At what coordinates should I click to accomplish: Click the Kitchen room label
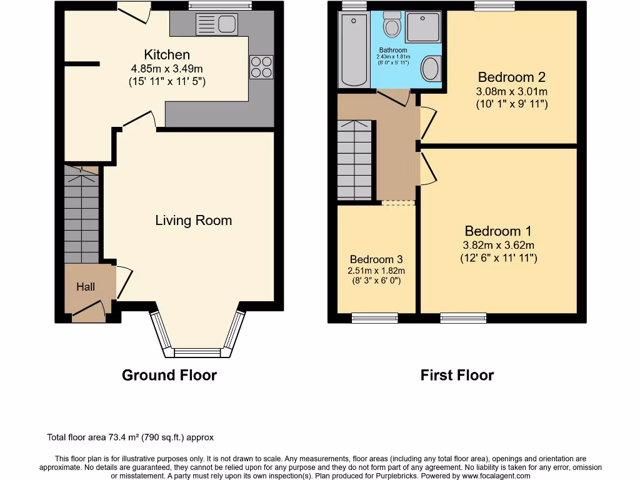click(x=167, y=54)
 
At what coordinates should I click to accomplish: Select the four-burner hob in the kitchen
click(x=261, y=67)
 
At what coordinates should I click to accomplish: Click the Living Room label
click(x=193, y=220)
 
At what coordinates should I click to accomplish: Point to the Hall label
click(x=86, y=287)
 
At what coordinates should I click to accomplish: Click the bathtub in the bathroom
click(x=354, y=50)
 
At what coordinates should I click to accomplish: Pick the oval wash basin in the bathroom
click(x=431, y=69)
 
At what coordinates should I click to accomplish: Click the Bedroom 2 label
click(x=511, y=77)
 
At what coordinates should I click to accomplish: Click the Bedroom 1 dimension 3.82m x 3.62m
click(x=499, y=245)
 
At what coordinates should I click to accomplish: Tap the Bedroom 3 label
click(x=376, y=259)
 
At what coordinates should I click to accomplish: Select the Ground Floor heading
click(x=169, y=375)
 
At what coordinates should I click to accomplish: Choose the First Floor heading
click(x=457, y=375)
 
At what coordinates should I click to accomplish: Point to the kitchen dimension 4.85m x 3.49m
click(x=167, y=69)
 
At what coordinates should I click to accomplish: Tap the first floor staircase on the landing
click(x=354, y=160)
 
